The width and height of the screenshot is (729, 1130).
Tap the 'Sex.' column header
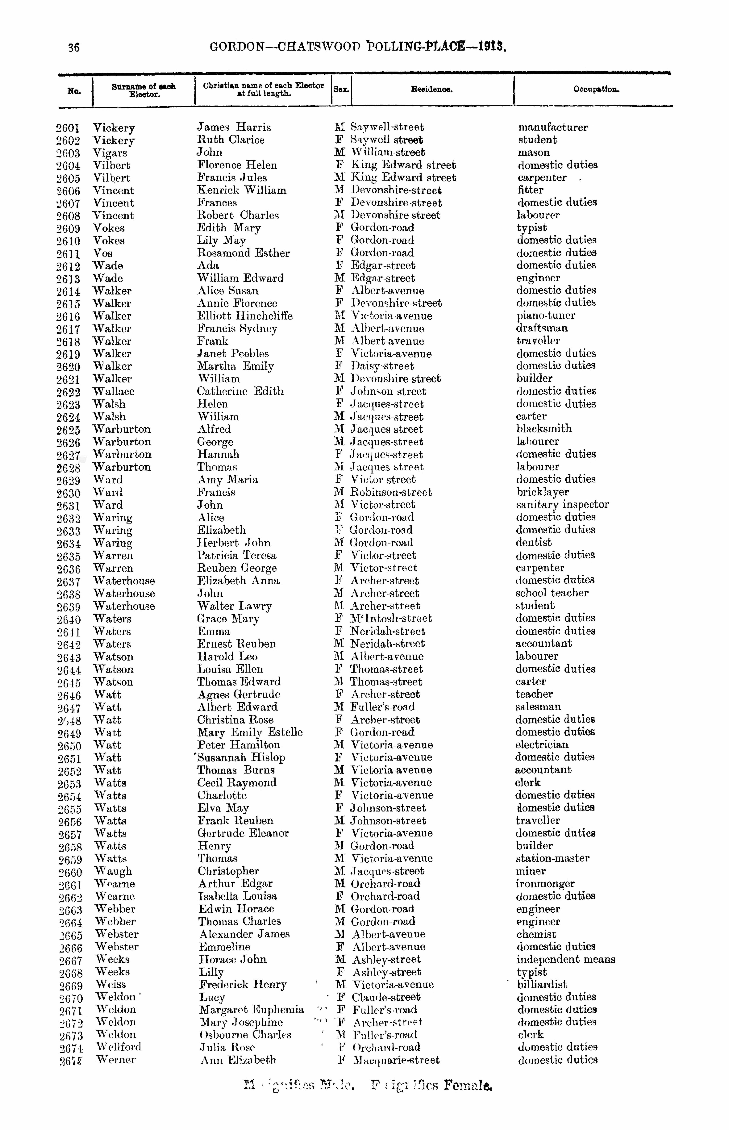pyautogui.click(x=341, y=89)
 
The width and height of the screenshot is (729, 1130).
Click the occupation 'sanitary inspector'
pyautogui.click(x=562, y=505)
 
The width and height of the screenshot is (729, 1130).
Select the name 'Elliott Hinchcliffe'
pyautogui.click(x=245, y=316)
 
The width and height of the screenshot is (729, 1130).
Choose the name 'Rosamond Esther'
pyautogui.click(x=243, y=253)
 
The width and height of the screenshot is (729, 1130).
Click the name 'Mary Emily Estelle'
pyautogui.click(x=250, y=732)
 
